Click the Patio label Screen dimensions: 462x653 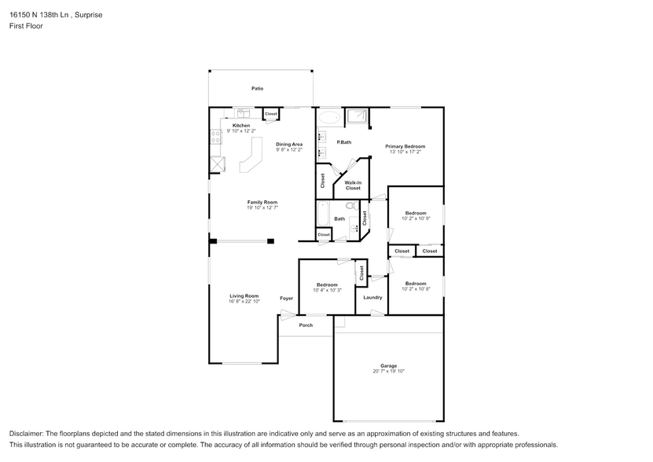[x=257, y=89]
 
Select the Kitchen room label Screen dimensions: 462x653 [x=241, y=125]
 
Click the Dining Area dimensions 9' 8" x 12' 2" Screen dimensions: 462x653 [x=289, y=149]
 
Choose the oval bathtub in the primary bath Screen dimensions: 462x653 [x=330, y=117]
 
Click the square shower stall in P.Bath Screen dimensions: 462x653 [x=357, y=117]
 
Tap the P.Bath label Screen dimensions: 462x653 [x=343, y=142]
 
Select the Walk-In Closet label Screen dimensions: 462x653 [x=353, y=185]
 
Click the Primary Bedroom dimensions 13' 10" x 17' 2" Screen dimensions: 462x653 [x=405, y=152]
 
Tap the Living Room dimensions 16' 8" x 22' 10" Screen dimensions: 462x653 [x=244, y=302]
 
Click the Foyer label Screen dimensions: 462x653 [x=287, y=299]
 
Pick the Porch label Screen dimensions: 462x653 [x=306, y=325]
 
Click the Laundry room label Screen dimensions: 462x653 [x=372, y=297]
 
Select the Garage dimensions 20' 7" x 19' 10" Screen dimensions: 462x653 [x=388, y=371]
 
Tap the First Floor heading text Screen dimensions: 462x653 [x=26, y=26]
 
